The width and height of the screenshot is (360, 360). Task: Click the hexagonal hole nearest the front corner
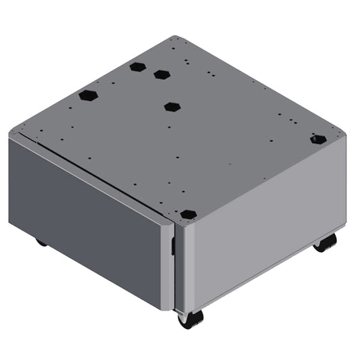pos(188,213)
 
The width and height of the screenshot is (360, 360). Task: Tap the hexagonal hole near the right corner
pos(317,139)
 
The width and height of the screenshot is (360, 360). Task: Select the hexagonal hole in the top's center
pos(172,106)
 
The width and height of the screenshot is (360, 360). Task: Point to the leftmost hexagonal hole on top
pos(88,95)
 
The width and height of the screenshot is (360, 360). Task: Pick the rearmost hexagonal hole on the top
pos(138,67)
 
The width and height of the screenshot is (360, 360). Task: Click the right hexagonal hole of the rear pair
pos(161,74)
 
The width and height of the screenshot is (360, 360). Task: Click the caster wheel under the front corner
pos(190,319)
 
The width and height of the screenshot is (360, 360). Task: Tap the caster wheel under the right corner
pos(326,242)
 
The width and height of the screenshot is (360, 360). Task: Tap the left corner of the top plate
pos(10,134)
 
